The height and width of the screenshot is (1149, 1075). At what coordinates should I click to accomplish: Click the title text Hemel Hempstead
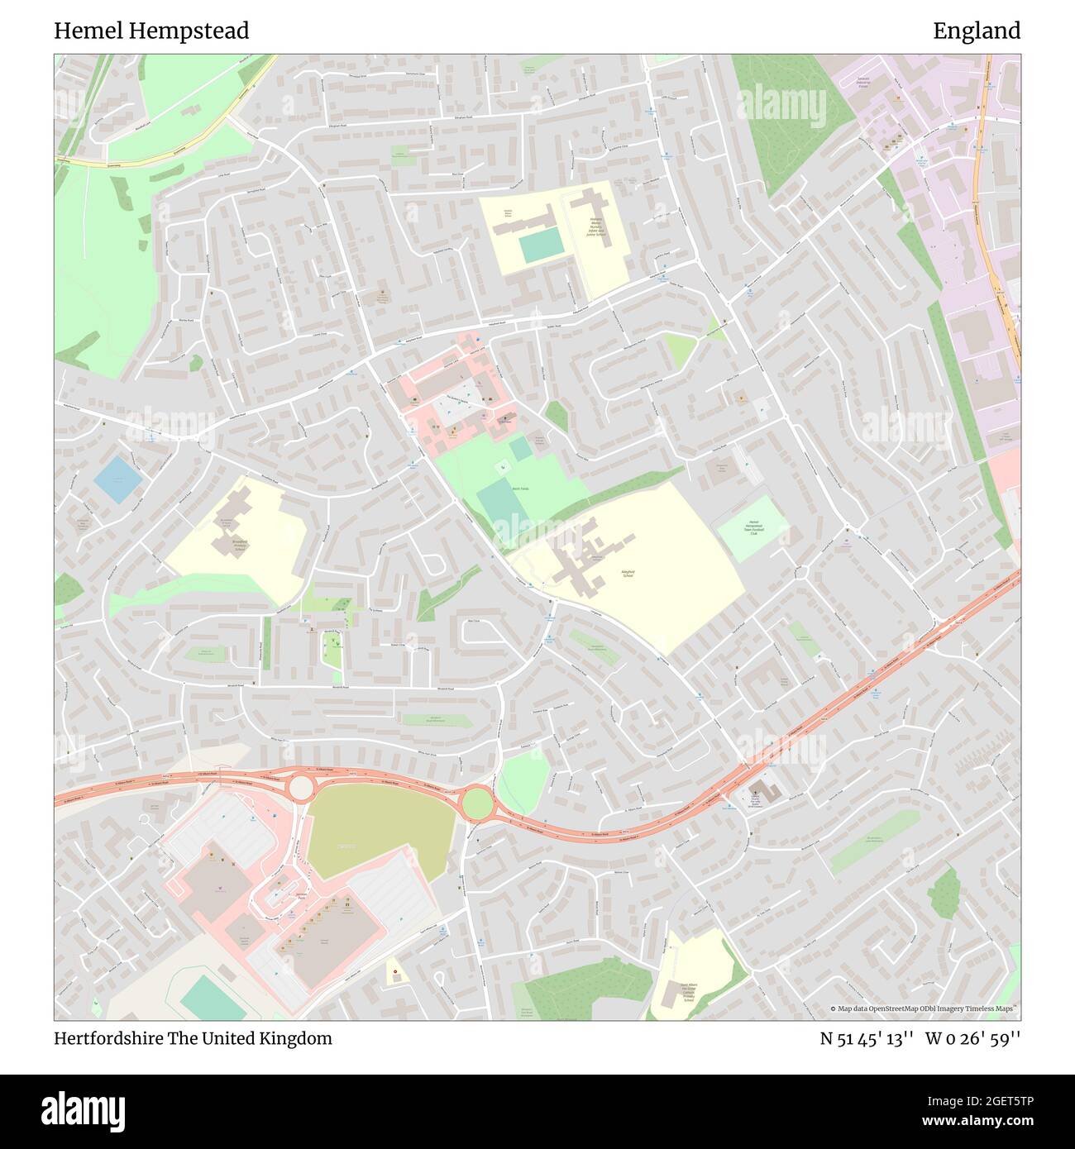(x=151, y=31)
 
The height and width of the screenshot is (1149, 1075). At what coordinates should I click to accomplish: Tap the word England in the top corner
(x=977, y=31)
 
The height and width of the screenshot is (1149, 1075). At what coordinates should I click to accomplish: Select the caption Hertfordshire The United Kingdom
(x=193, y=1038)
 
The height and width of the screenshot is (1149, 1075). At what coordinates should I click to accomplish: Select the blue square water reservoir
(x=117, y=479)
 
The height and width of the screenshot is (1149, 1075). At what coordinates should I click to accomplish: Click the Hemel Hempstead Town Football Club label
(x=753, y=528)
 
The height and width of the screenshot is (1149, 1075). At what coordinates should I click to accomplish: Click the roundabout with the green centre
(x=476, y=802)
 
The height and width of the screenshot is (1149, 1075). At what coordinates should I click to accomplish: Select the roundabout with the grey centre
(x=300, y=786)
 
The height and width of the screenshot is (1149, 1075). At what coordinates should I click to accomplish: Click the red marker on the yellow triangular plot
(x=395, y=971)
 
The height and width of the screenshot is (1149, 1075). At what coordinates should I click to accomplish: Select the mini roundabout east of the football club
(x=800, y=572)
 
